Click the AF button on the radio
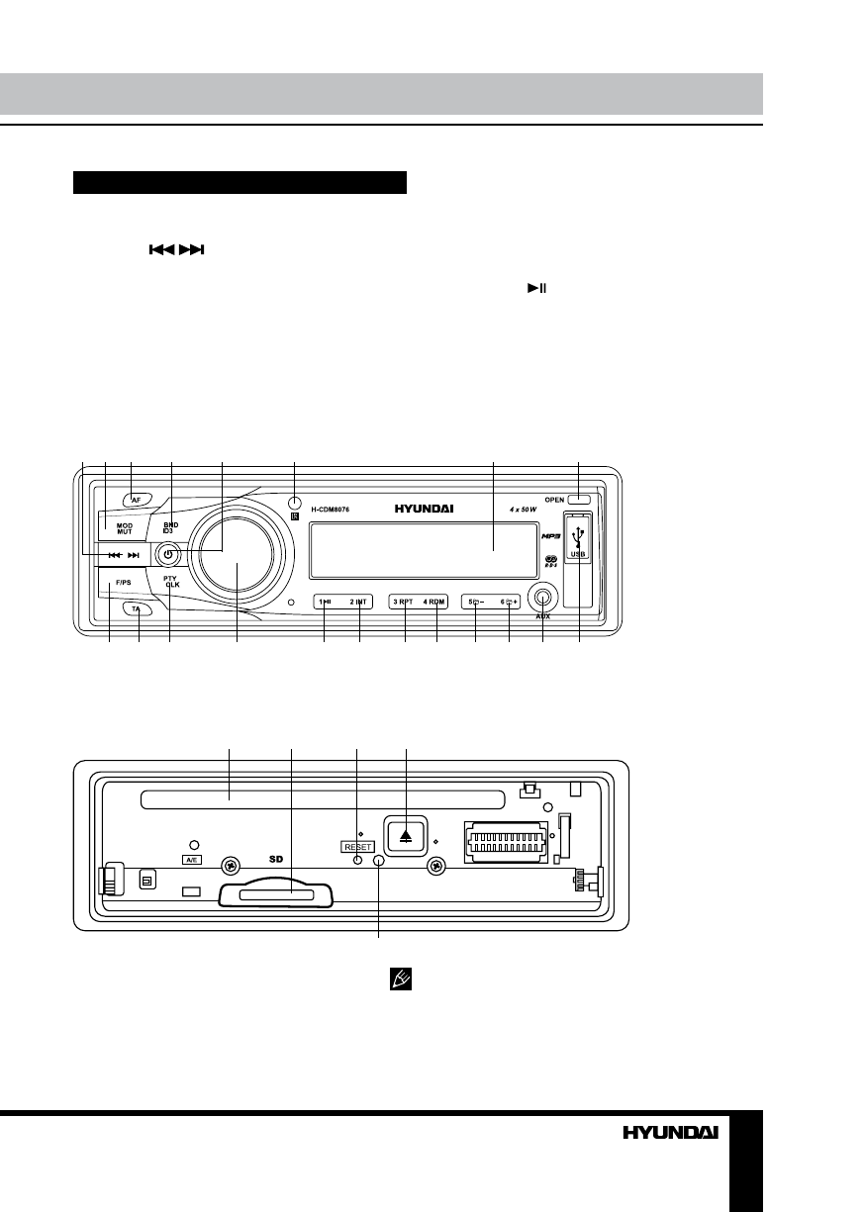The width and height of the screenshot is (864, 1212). [x=138, y=500]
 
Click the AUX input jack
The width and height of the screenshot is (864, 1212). [x=542, y=598]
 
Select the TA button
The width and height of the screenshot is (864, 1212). [x=138, y=609]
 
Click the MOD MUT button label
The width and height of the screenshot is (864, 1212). [x=125, y=527]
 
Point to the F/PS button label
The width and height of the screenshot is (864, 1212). [x=123, y=583]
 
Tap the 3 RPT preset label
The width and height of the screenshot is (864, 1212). [x=402, y=602]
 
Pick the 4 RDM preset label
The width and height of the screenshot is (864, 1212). [x=435, y=602]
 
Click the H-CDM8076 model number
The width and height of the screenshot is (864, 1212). [x=331, y=511]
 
